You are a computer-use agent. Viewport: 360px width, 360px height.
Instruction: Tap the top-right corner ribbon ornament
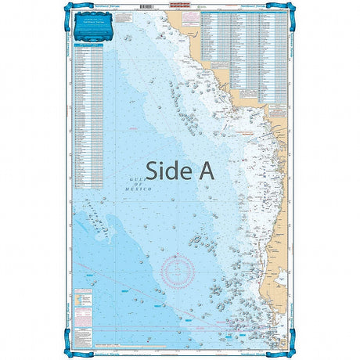pos(290,7)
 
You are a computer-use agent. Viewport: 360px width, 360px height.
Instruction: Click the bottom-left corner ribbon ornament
pos(69,353)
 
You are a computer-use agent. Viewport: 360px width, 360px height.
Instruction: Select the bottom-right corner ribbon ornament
pos(290,353)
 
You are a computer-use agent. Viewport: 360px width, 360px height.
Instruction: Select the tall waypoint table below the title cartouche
pos(88,117)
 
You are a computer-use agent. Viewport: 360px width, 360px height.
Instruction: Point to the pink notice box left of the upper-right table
pos(195,31)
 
